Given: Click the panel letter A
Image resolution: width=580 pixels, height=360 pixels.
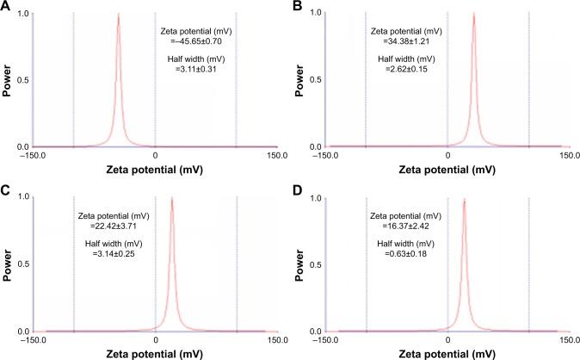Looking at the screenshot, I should pyautogui.click(x=5, y=6).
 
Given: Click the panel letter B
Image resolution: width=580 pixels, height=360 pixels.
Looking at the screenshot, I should pyautogui.click(x=298, y=6).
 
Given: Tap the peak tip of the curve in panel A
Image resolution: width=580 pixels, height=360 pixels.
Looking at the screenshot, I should pyautogui.click(x=118, y=15).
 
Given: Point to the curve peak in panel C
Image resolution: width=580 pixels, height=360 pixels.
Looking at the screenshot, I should pyautogui.click(x=172, y=199).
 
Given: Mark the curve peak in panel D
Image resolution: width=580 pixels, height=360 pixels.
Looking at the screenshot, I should pyautogui.click(x=465, y=200).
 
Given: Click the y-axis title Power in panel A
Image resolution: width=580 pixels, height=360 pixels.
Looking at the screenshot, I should pyautogui.click(x=8, y=80).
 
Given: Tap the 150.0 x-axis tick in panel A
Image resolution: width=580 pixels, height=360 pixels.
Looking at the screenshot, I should pyautogui.click(x=277, y=156).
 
